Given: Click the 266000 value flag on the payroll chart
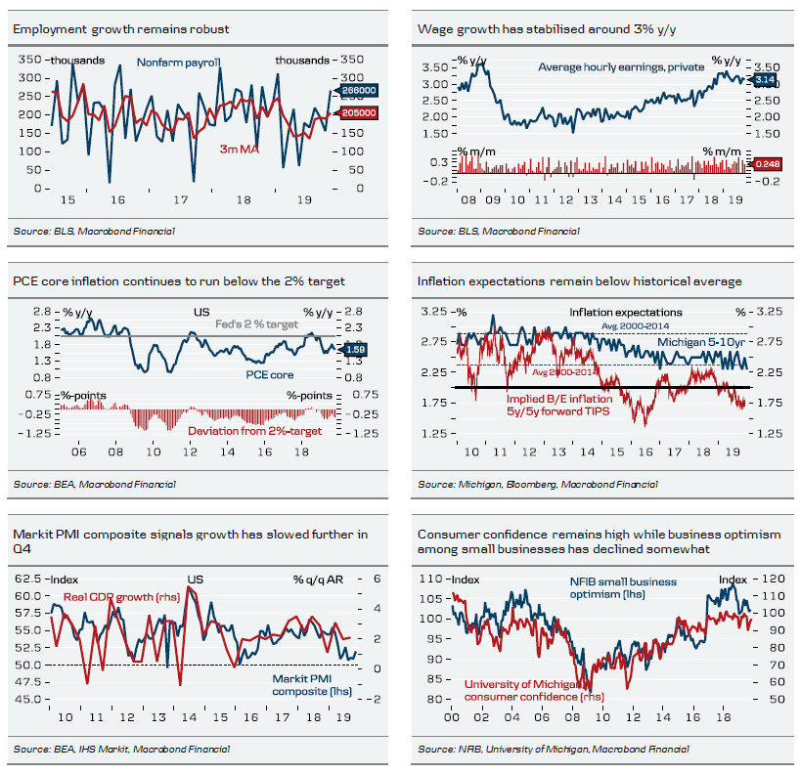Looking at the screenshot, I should (x=359, y=91).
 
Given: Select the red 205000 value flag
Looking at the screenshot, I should (x=359, y=113).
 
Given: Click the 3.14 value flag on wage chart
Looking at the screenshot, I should (x=764, y=78).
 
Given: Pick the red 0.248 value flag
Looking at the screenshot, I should (x=766, y=167).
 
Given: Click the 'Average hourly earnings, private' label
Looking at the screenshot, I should (x=608, y=66).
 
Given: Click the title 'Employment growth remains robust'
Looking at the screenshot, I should (x=121, y=29).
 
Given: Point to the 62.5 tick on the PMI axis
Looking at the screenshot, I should (x=30, y=580).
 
